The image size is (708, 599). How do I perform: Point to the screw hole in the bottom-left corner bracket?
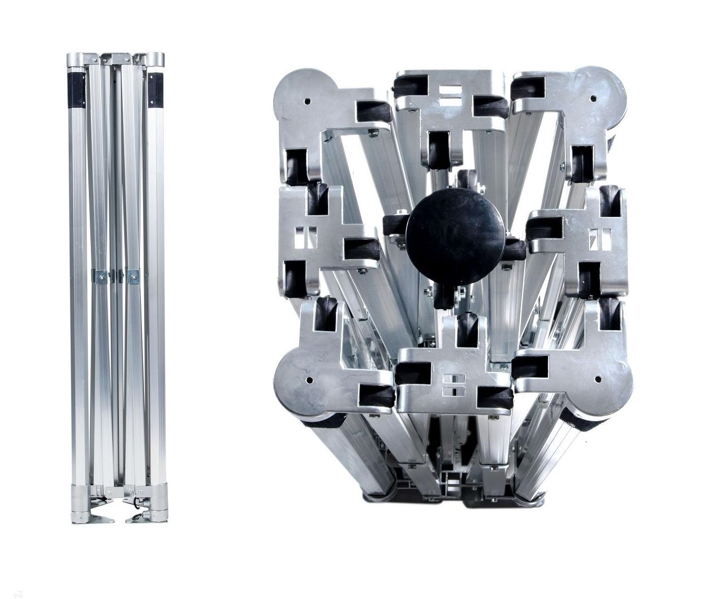click(310, 380)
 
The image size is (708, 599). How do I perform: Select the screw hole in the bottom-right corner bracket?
click(598, 379)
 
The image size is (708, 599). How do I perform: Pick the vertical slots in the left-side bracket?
click(309, 237)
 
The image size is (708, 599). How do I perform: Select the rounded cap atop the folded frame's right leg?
click(155, 60)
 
